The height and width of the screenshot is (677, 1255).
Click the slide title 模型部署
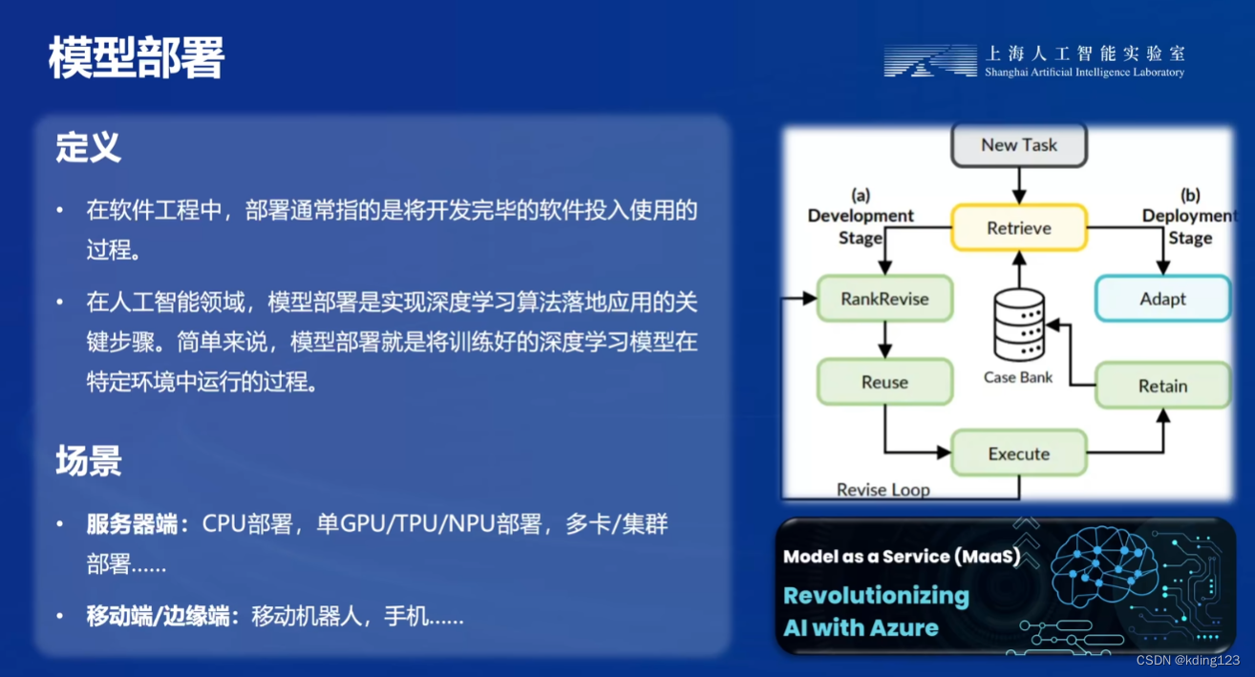(x=137, y=57)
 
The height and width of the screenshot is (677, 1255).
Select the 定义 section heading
(x=88, y=147)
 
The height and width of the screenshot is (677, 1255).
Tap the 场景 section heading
(x=89, y=461)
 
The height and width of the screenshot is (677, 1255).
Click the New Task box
(x=1019, y=145)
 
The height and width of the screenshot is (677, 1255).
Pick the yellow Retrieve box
(x=1019, y=228)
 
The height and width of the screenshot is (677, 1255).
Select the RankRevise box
(x=884, y=299)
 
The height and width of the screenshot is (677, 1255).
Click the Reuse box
(x=884, y=382)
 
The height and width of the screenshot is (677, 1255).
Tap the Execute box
(x=1019, y=453)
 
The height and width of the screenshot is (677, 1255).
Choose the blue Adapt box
(x=1162, y=299)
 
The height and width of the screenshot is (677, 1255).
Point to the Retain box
(x=1162, y=385)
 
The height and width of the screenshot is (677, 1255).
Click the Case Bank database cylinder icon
(x=1019, y=325)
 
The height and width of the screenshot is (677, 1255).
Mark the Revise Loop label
(x=883, y=490)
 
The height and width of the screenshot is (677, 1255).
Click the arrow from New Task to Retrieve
(x=1019, y=186)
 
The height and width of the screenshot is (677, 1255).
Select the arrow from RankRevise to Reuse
(x=884, y=340)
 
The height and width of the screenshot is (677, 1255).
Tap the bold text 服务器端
(x=132, y=524)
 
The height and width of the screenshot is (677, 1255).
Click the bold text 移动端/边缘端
(x=158, y=616)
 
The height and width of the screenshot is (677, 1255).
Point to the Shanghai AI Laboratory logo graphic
(x=930, y=60)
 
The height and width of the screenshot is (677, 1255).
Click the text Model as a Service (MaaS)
(x=902, y=556)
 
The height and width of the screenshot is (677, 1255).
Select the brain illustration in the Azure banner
(x=1103, y=566)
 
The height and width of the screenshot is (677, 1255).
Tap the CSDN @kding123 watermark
(x=1188, y=660)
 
